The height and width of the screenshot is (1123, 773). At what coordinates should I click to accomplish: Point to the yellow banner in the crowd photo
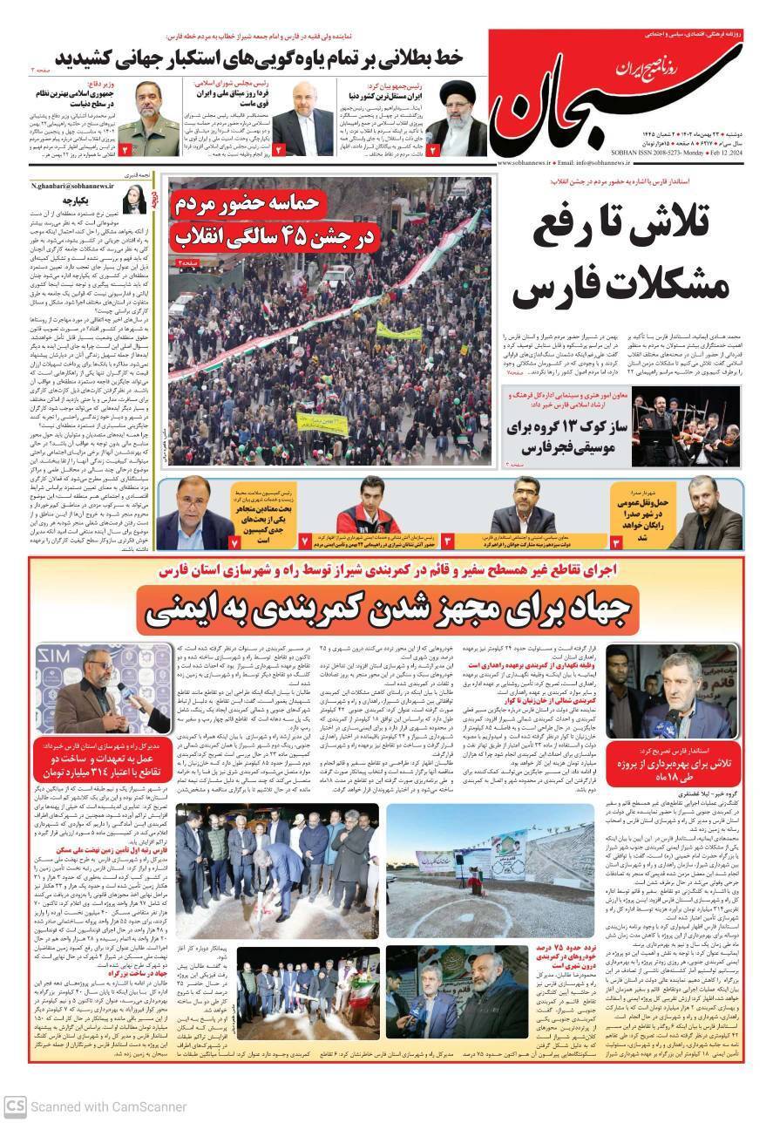coord(398,331)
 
